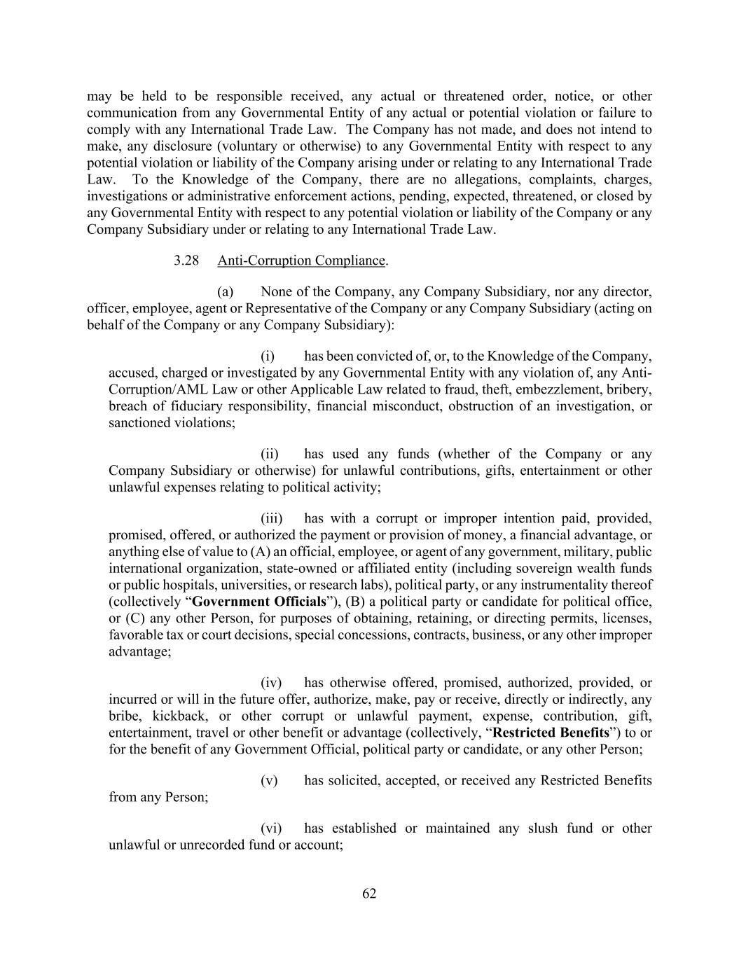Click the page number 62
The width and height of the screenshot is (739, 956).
click(369, 894)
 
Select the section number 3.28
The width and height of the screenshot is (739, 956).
click(186, 261)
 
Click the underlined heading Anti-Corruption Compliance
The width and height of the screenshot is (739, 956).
click(301, 261)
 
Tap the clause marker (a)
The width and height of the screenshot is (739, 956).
click(225, 291)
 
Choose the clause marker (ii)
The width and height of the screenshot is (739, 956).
click(270, 454)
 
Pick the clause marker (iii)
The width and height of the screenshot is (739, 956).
click(272, 518)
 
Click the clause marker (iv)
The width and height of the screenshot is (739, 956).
click(271, 682)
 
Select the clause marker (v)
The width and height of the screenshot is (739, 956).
click(269, 780)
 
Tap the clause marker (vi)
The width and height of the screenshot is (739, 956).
click(271, 828)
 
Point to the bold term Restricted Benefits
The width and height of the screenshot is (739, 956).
click(551, 733)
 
